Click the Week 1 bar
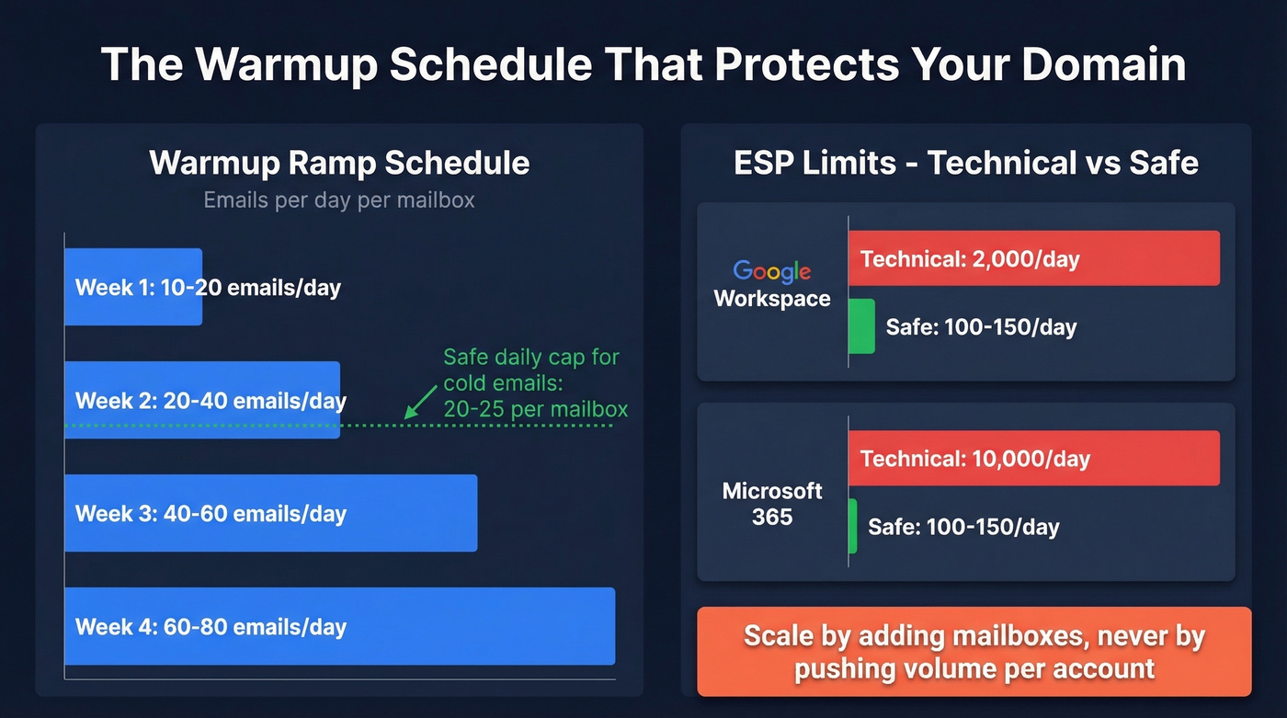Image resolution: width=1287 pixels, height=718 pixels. (133, 287)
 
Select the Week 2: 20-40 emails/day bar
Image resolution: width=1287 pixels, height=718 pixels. (202, 400)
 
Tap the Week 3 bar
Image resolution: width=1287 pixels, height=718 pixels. (271, 513)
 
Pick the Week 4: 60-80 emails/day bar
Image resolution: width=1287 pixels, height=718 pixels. (339, 626)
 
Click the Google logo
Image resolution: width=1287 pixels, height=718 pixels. (771, 271)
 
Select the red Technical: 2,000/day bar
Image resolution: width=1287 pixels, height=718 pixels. (1033, 258)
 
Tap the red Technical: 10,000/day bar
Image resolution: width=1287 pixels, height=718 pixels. (1033, 458)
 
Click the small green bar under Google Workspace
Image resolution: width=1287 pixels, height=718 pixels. (861, 326)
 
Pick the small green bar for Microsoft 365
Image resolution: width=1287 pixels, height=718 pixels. (852, 526)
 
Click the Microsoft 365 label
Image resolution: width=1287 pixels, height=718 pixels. (771, 503)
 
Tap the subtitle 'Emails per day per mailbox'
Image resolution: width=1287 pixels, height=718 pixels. (339, 199)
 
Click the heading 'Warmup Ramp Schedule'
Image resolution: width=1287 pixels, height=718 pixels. (339, 163)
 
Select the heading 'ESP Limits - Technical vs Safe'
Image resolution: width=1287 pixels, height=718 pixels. (965, 163)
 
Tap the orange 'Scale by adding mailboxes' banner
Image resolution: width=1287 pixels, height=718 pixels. (974, 652)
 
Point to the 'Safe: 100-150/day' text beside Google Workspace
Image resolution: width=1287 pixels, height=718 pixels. (980, 326)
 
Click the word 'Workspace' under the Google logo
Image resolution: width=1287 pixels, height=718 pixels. (771, 299)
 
